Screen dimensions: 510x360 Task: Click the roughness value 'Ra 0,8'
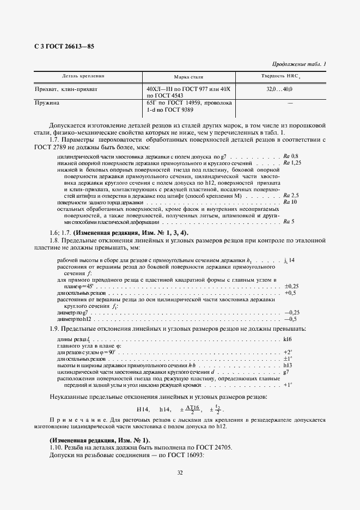[x=291, y=156]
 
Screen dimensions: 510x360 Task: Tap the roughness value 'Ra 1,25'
[x=292, y=163]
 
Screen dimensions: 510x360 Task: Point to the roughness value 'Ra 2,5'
[x=291, y=195]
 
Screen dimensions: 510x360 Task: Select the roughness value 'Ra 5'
[x=289, y=221]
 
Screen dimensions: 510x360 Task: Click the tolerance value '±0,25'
[x=291, y=286]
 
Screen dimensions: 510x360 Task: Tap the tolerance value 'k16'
[x=289, y=339]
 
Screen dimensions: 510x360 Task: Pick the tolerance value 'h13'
[x=289, y=365]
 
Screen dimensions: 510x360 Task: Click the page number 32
[x=180, y=472]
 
